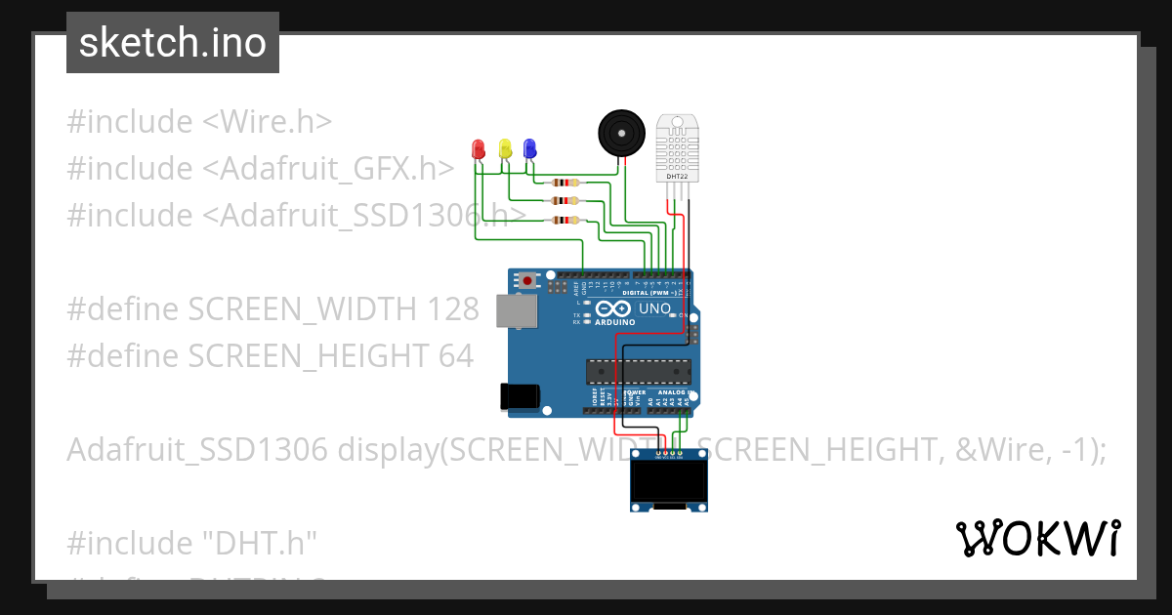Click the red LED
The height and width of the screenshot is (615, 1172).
[479, 148]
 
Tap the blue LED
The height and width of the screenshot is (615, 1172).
[529, 148]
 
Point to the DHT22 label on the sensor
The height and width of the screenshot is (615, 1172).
[676, 177]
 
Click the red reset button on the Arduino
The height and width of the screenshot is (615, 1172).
[528, 280]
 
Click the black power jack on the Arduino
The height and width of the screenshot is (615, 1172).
[518, 395]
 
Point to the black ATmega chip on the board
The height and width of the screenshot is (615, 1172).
[638, 371]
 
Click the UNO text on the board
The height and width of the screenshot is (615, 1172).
[654, 309]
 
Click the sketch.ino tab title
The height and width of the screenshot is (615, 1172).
[173, 43]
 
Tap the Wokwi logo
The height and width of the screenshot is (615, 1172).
[1036, 538]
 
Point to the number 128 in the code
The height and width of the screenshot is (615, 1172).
[453, 309]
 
